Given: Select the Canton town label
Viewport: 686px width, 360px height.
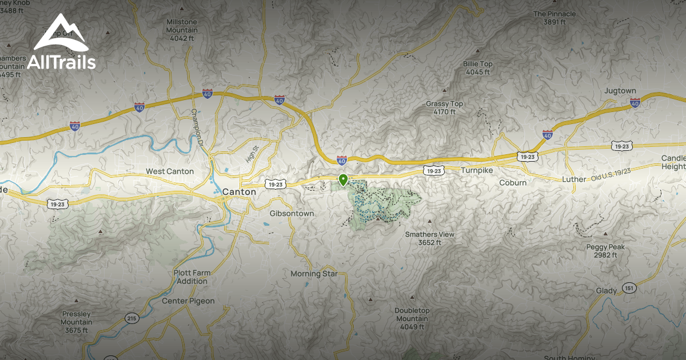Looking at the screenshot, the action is (x=239, y=192).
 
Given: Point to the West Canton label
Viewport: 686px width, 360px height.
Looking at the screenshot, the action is (x=170, y=171).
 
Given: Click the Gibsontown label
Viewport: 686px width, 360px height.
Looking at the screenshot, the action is (x=292, y=213).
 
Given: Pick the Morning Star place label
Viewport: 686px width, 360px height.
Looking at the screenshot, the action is (x=314, y=274).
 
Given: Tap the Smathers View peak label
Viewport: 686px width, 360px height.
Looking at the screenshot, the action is (x=430, y=238).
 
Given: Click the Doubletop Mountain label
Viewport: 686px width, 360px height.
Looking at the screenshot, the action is (x=412, y=318).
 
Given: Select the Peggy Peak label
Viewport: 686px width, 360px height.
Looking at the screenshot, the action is (x=605, y=251).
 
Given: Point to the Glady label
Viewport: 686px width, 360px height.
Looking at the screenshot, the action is (x=607, y=291).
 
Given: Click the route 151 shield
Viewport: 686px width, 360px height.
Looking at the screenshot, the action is (x=629, y=287).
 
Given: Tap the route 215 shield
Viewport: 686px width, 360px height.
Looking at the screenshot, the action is (x=132, y=318).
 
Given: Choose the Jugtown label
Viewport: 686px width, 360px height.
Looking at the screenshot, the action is (x=620, y=91).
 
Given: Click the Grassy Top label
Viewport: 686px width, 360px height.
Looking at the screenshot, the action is (x=445, y=107).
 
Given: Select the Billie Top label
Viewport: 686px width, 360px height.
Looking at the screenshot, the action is (x=478, y=68).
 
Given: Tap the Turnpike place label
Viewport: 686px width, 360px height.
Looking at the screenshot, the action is (x=477, y=170).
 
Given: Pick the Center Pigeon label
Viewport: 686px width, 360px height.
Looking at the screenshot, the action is (x=188, y=301).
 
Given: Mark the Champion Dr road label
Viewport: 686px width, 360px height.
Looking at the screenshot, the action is (x=197, y=126).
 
